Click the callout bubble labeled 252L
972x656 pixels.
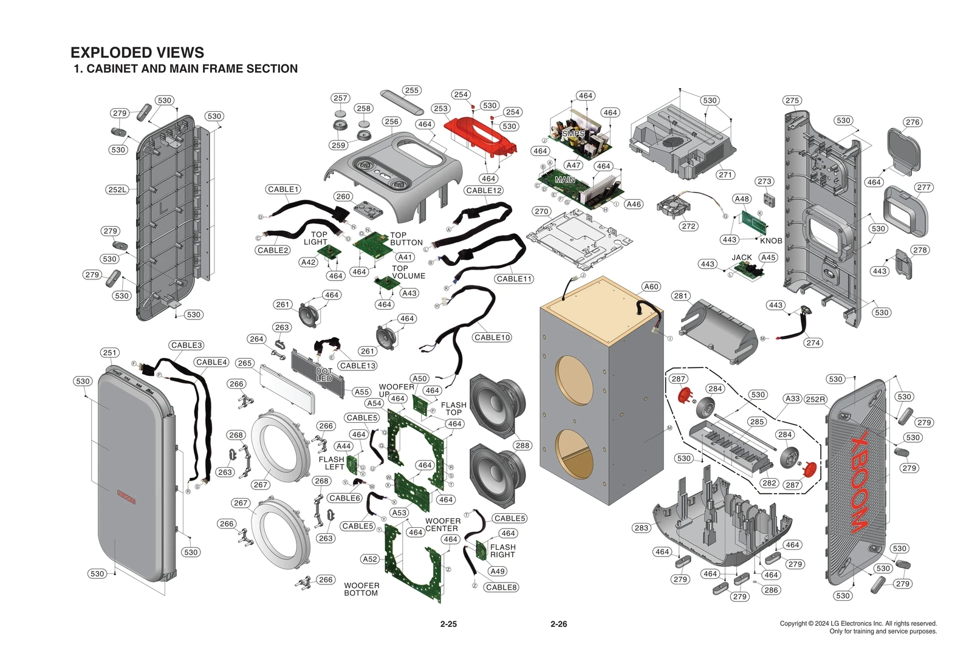click(117, 190)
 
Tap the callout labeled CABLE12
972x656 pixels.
click(484, 190)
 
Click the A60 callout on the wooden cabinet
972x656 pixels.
click(651, 287)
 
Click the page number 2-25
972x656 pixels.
click(448, 624)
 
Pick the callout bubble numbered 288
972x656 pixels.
click(522, 445)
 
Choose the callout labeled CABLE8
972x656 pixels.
click(501, 587)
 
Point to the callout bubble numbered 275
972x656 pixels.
click(792, 100)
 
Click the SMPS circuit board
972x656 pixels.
click(580, 137)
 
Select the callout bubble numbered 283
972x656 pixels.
click(642, 528)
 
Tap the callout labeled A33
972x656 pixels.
click(792, 398)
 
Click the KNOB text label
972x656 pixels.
click(771, 241)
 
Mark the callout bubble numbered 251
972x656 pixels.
click(109, 352)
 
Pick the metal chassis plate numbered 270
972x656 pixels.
click(577, 240)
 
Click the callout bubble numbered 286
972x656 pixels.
click(771, 590)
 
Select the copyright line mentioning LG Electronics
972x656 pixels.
click(858, 623)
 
